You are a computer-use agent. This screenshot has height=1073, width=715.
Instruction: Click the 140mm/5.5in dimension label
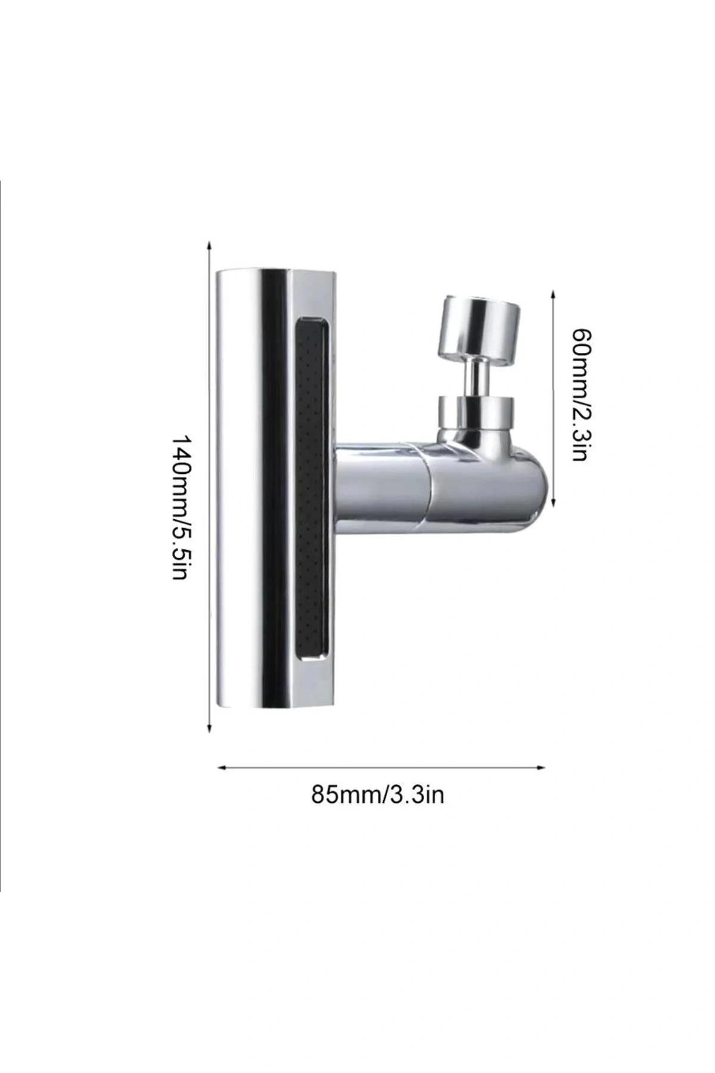pos(180,508)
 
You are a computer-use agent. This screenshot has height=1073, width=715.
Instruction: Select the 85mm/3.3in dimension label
pos(378,795)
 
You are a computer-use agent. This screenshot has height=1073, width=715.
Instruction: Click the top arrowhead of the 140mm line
pos(209,244)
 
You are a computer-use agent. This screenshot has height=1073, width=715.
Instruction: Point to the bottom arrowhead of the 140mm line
pos(209,728)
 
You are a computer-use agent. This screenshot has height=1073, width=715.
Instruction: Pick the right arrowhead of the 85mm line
pos(542,768)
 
